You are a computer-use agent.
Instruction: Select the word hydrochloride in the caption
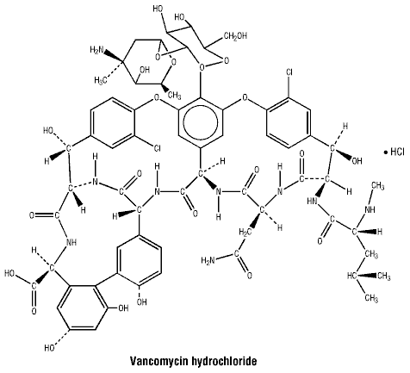224,362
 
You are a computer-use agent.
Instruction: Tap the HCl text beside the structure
397,152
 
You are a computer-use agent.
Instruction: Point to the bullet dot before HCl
386,152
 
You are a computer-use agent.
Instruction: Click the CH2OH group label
235,36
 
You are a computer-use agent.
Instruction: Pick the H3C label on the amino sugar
101,81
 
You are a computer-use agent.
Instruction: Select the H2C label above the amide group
245,232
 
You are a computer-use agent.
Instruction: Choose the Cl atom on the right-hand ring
289,72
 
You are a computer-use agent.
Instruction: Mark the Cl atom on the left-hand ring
157,148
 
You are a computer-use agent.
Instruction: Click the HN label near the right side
312,202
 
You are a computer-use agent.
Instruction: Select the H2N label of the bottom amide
208,260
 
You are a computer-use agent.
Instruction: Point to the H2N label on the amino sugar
96,50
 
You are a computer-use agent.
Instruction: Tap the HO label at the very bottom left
50,348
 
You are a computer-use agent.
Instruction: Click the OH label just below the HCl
357,161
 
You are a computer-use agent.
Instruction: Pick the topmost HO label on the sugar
158,9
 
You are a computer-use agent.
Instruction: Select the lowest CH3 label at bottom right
371,298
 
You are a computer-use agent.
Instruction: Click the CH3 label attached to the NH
378,186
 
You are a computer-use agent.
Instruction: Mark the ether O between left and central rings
157,97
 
